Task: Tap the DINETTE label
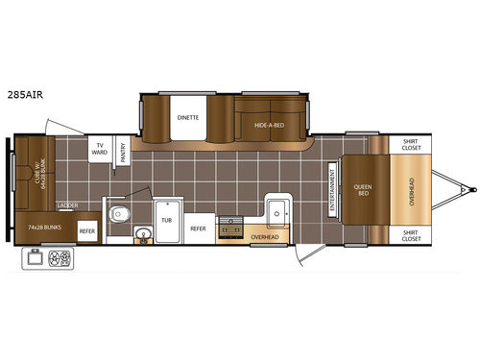[187, 117]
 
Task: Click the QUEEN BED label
[363, 189]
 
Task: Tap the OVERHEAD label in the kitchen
[264, 235]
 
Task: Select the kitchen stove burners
[230, 228]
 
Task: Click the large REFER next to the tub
[198, 228]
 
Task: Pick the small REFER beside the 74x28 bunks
[87, 231]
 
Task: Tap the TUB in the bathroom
[166, 220]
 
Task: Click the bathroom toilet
[118, 213]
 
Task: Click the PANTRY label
[123, 153]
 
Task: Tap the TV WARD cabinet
[99, 150]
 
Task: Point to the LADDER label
[67, 205]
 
